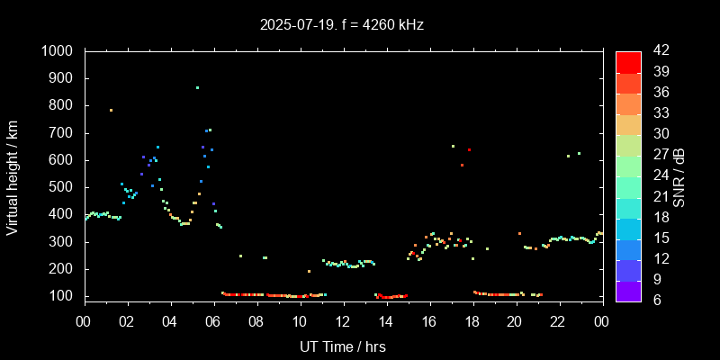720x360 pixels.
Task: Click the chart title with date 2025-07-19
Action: click(x=341, y=24)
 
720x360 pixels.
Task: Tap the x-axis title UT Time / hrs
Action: click(x=343, y=346)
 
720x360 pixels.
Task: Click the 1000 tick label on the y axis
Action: click(x=58, y=51)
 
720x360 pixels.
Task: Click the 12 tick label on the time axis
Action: click(x=343, y=321)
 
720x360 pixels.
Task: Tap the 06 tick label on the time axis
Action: click(x=214, y=321)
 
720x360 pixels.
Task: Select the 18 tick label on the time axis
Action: click(x=472, y=321)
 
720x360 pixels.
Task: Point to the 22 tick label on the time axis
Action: click(x=558, y=321)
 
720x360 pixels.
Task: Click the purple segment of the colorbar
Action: click(x=628, y=290)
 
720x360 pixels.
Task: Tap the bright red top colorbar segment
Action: click(x=628, y=61)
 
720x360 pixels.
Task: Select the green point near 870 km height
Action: click(x=197, y=87)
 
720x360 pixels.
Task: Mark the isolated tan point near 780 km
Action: click(x=111, y=110)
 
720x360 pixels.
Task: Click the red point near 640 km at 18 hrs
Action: click(x=469, y=149)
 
